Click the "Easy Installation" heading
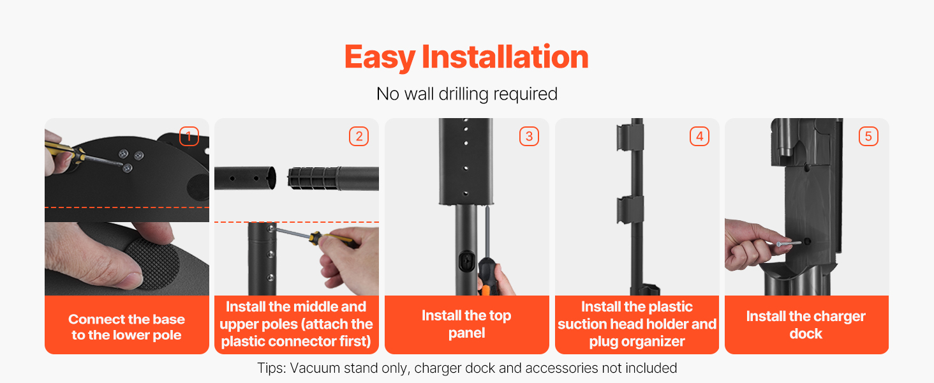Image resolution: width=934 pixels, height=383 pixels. coord(466,57)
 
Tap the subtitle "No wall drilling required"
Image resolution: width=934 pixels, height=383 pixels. coord(466,94)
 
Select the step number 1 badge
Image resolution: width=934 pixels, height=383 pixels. coord(189,136)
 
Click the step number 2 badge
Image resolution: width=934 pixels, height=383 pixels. coord(359,136)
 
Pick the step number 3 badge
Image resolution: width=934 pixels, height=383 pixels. coord(529,136)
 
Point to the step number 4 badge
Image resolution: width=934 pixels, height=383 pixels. coord(700,136)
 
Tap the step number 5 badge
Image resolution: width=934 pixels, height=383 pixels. coord(868,136)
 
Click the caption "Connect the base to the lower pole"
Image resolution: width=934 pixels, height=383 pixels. coord(127,327)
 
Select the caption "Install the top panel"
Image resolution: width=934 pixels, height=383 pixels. coord(466,324)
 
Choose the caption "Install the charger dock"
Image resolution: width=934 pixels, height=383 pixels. coord(806,325)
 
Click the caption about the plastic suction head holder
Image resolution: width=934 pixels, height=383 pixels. coord(637,324)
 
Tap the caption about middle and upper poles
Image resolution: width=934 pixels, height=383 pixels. coord(297,324)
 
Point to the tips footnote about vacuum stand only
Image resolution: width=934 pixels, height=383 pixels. coord(467,368)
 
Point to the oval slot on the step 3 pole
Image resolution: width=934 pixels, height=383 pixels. coord(466,261)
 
